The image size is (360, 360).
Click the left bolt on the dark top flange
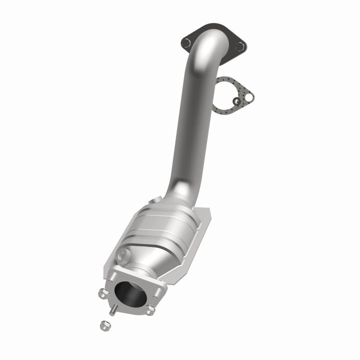click(186, 42)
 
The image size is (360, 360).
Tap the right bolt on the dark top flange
click(240, 46)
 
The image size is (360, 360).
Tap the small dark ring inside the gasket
click(235, 102)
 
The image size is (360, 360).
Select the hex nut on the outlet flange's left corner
click(103, 292)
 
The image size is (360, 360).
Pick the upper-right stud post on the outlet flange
click(161, 290)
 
